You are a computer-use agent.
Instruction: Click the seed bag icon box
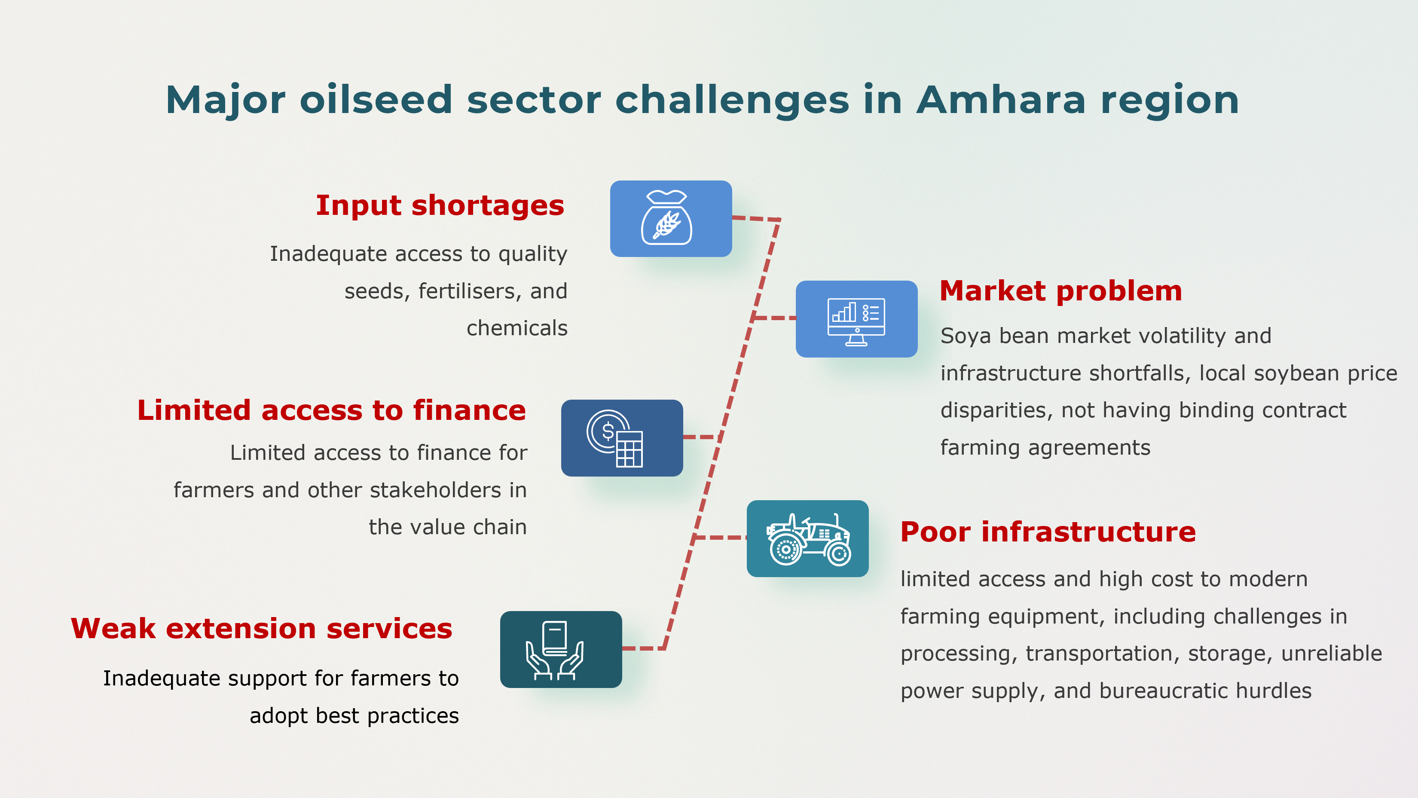point(670,218)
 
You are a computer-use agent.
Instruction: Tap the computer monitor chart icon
point(856,319)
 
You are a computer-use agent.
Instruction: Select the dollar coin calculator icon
point(621,438)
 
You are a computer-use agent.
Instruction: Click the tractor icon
point(807,539)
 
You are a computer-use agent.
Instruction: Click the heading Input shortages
point(440,205)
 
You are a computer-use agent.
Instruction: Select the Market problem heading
point(1060,290)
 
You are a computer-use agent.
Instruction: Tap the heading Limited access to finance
point(331,410)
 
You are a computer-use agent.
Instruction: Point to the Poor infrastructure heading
point(1048,532)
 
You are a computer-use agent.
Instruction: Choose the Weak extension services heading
point(262,629)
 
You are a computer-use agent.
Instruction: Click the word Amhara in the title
point(1001,100)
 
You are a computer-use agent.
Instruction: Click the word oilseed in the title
point(376,100)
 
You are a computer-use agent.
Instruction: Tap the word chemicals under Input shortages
point(516,328)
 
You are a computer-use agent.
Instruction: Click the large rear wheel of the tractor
point(785,549)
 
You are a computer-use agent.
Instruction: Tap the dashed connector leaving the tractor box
point(720,537)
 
